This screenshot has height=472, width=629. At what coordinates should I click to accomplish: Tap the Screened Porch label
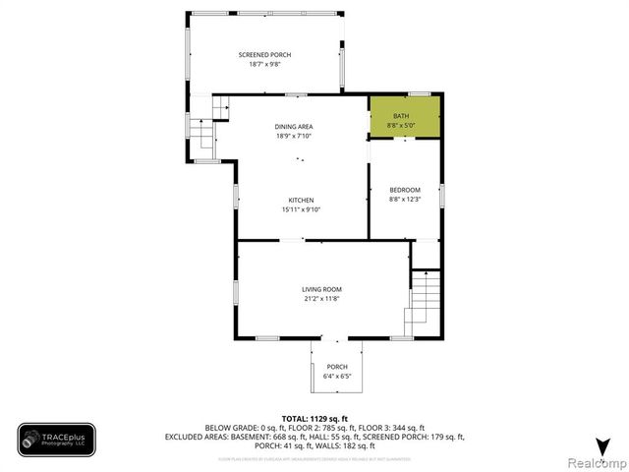point(264,54)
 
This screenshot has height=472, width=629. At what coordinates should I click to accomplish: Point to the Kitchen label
point(301,200)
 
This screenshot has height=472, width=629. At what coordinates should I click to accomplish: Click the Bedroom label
point(405,190)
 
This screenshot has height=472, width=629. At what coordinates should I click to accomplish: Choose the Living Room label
point(321,288)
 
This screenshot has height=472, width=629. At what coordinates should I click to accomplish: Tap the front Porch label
point(337,366)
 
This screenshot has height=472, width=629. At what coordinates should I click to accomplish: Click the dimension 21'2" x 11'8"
point(321,297)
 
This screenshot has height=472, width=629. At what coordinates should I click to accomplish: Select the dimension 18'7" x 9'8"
point(264,63)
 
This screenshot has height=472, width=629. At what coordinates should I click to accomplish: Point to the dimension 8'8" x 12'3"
point(405,199)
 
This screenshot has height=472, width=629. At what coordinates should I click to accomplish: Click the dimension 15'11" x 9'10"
point(301,208)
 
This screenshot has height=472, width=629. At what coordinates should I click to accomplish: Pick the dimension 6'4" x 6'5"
point(337,376)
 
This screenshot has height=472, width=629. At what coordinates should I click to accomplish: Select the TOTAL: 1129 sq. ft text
point(314,418)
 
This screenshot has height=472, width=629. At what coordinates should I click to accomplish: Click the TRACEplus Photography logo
point(56,440)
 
